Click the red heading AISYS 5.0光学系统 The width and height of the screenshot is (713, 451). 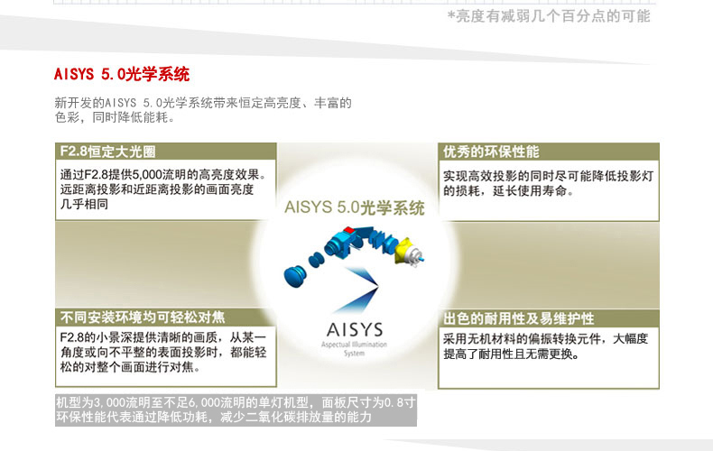click(x=122, y=74)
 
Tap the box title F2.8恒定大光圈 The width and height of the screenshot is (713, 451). click(x=107, y=152)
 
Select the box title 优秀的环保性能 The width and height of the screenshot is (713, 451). click(x=491, y=152)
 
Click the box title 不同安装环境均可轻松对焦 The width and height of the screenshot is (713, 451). click(x=143, y=318)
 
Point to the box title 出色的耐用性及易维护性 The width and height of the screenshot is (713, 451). click(x=518, y=318)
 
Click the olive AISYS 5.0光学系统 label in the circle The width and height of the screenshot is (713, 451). click(x=354, y=207)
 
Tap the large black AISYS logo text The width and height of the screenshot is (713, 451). click(x=355, y=329)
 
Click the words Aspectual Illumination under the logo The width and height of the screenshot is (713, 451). click(x=354, y=345)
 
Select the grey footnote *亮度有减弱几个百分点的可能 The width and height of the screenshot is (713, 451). click(x=549, y=16)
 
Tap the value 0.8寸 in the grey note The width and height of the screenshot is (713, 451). click(x=400, y=402)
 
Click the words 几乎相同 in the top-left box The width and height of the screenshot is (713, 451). click(x=84, y=204)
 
